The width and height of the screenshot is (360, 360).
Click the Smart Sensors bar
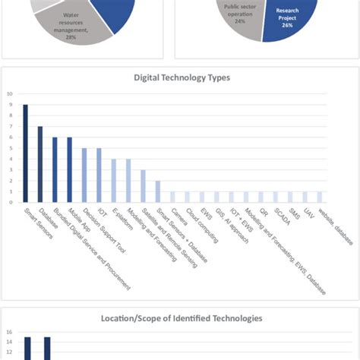[x=25, y=153]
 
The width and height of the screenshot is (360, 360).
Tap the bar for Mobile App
[x=69, y=169]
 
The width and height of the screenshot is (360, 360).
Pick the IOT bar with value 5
[x=99, y=175]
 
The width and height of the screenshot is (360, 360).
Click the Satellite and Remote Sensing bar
[x=143, y=186]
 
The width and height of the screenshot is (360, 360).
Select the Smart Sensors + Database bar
[x=158, y=191]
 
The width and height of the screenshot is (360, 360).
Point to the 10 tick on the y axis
[x=10, y=94]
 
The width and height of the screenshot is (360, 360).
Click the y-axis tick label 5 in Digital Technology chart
[x=10, y=148]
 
